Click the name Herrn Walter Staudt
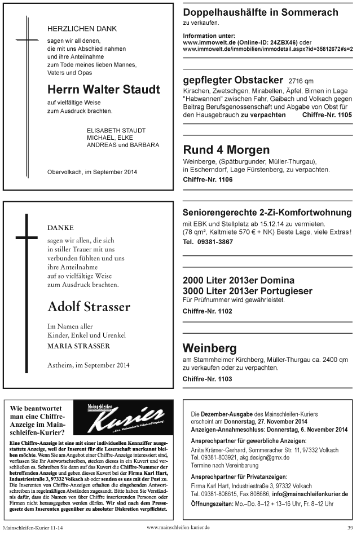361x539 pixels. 104,90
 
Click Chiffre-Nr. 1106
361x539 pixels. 208,180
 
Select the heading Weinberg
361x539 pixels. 210,347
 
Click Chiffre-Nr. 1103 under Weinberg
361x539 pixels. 208,378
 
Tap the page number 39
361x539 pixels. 350,528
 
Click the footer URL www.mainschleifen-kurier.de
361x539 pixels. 178,528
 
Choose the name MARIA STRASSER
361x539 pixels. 78,346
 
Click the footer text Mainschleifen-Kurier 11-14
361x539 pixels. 34,528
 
